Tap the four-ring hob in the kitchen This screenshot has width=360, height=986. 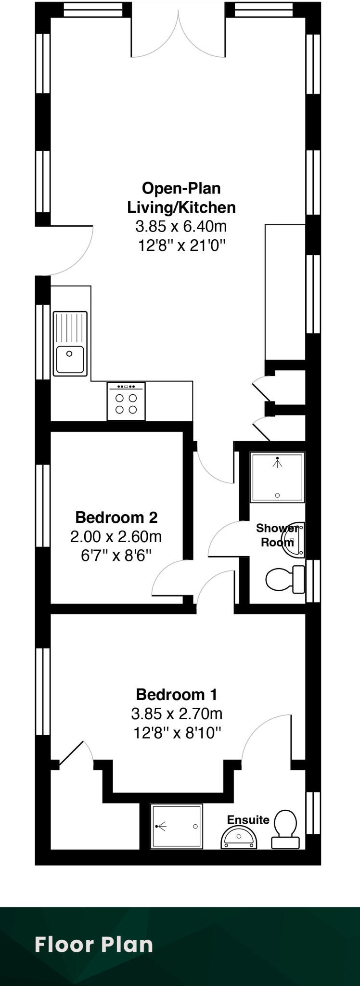126,401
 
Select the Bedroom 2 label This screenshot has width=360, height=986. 116,517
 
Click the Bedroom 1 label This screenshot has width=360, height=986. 177,694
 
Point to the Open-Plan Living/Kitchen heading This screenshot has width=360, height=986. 181,197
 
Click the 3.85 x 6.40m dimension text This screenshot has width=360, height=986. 181,226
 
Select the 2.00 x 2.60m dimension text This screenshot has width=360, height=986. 116,536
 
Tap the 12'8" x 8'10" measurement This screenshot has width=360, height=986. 177,733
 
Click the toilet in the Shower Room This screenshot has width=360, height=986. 284,579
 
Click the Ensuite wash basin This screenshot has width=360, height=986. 239,838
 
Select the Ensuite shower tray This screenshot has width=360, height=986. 176,826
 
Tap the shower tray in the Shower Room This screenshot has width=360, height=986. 277,477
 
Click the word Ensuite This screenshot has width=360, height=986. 248,819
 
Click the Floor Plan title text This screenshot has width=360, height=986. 94,945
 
